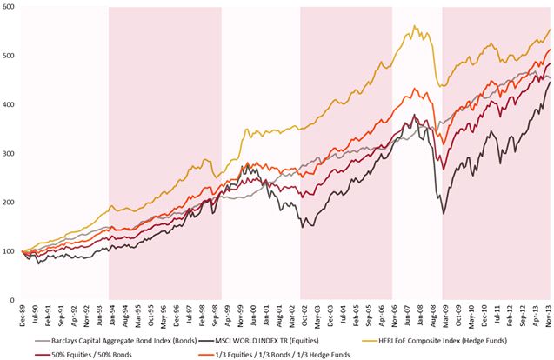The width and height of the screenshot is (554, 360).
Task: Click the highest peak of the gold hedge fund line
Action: pos(413,26)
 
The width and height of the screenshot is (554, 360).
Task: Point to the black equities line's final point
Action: pos(549,83)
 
